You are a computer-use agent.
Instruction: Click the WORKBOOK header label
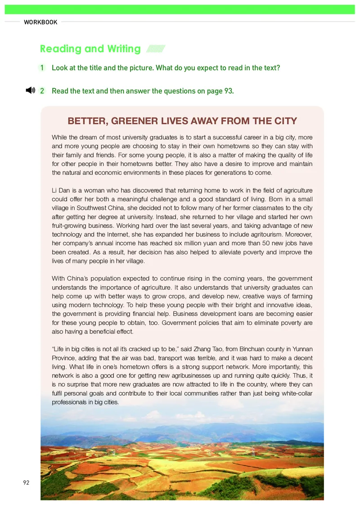40,22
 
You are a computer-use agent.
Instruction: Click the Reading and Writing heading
90,49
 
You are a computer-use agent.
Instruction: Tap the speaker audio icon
30,90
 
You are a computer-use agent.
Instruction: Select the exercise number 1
42,68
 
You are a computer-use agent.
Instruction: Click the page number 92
26,482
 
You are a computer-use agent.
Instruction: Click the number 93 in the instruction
228,91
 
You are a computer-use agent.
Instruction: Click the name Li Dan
62,191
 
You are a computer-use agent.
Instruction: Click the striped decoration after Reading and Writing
156,49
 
